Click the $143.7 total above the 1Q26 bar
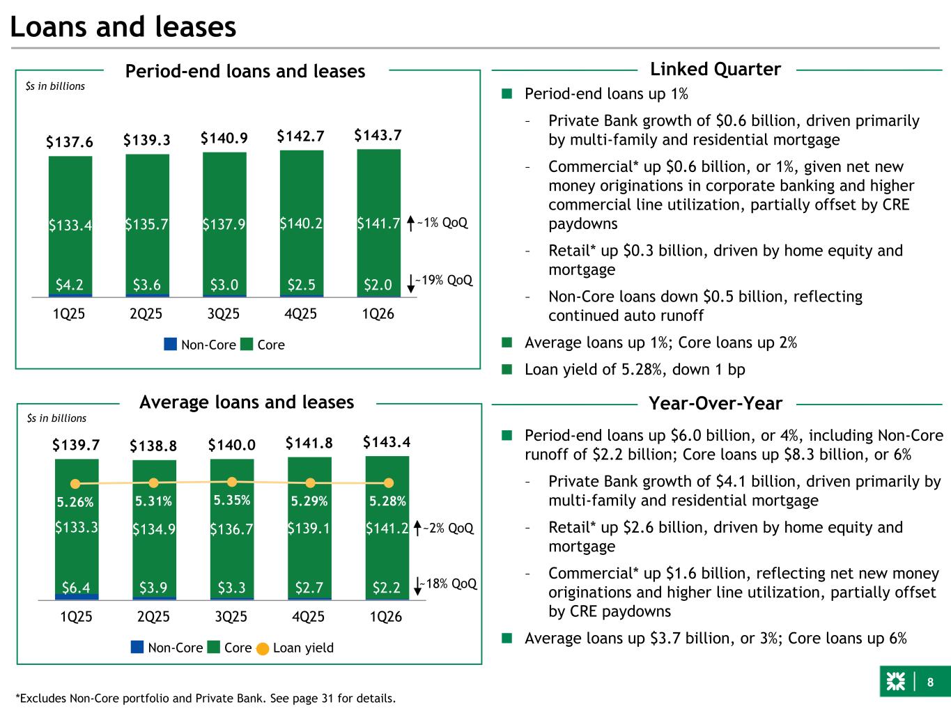click(378, 135)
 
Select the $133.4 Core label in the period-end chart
click(70, 225)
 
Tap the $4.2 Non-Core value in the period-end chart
click(70, 284)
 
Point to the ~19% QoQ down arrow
click(410, 281)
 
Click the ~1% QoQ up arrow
click(410, 224)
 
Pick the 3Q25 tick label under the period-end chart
click(224, 314)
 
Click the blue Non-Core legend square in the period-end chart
click(171, 344)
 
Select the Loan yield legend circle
click(263, 648)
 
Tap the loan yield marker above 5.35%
click(233, 481)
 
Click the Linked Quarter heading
click(715, 70)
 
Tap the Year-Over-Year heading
click(716, 403)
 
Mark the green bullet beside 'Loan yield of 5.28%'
click(507, 369)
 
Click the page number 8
click(930, 682)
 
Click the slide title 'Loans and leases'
click(123, 27)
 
